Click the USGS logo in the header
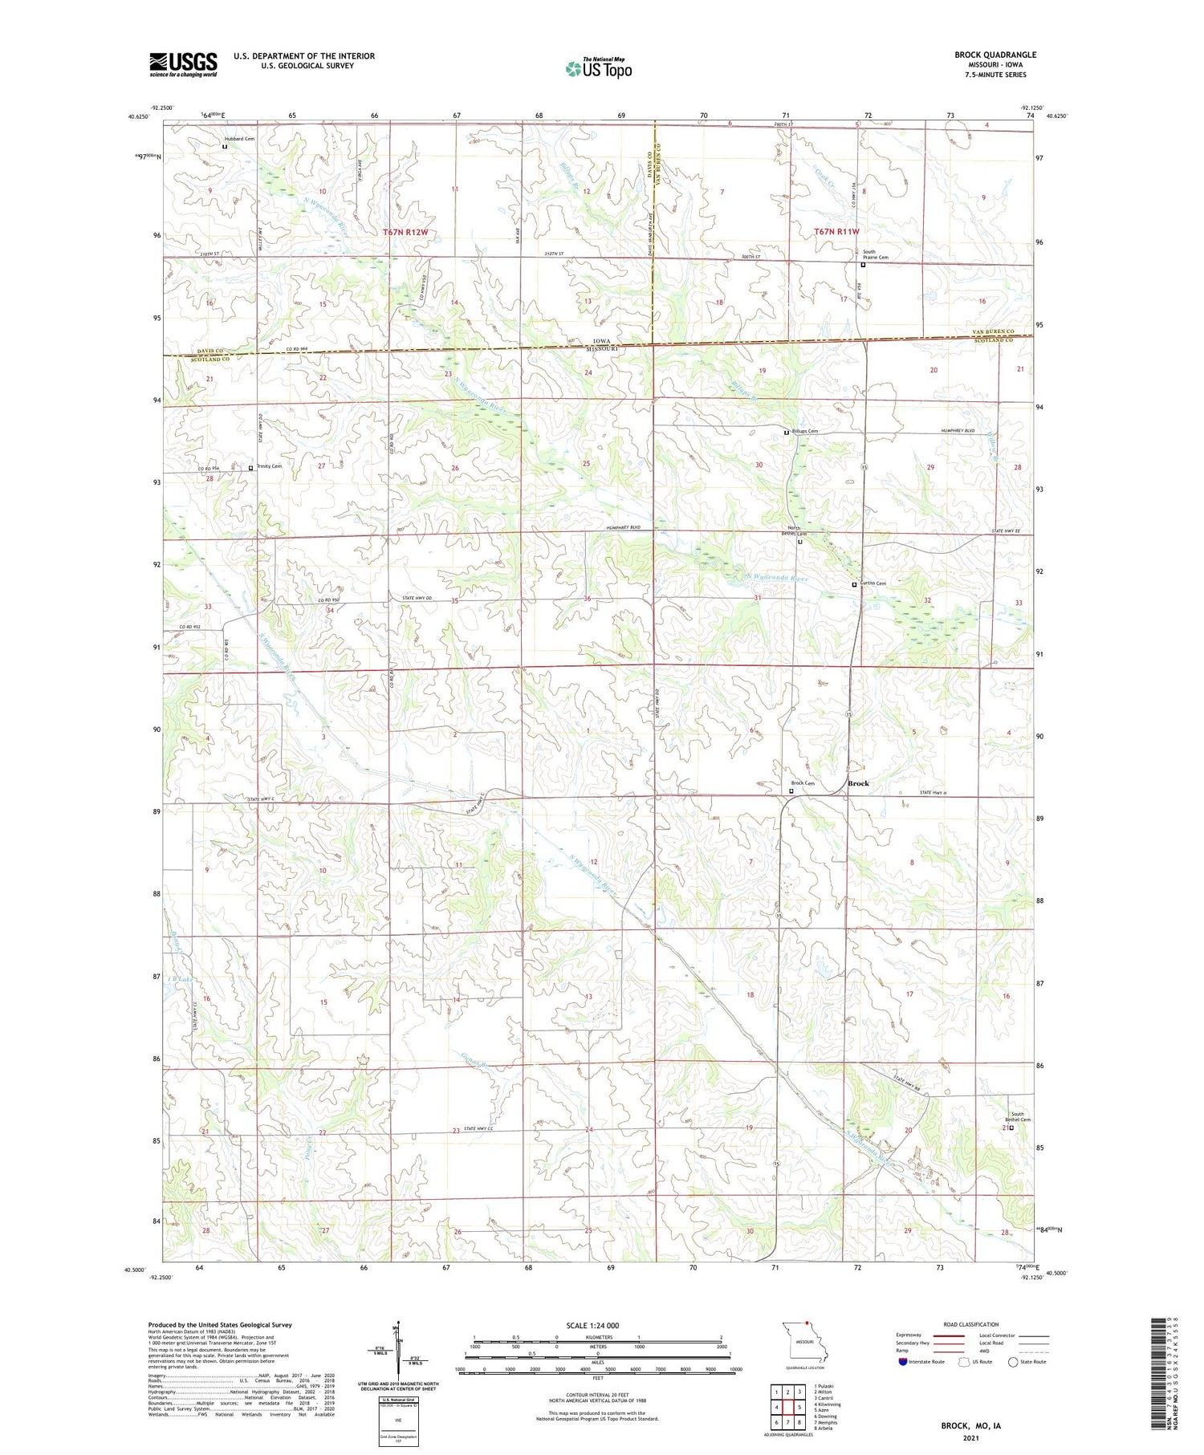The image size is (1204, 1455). (x=183, y=63)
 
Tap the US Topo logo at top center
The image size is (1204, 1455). (x=598, y=68)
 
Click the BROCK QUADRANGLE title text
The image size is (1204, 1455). (x=995, y=55)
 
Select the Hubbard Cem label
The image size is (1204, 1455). (x=239, y=139)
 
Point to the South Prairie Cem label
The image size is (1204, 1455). (x=876, y=254)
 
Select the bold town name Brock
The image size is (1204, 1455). (x=858, y=783)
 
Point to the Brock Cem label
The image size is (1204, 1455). (x=803, y=783)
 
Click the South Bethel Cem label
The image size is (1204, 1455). (x=1020, y=1116)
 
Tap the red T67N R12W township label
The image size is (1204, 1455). (x=405, y=232)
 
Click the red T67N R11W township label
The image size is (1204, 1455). (x=836, y=231)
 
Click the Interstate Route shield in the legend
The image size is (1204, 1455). (x=904, y=1362)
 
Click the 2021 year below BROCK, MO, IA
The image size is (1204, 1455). (x=970, y=1437)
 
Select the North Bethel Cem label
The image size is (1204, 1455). (x=795, y=531)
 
